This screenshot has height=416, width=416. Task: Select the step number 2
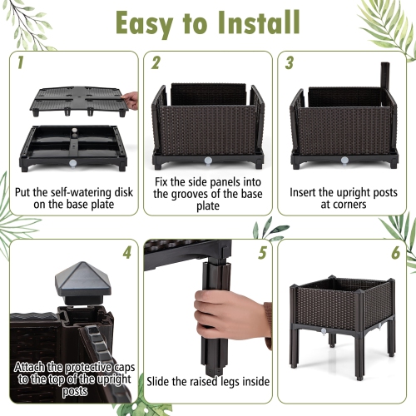pyautogui.click(x=155, y=62)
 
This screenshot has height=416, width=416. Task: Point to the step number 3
pyautogui.click(x=289, y=62)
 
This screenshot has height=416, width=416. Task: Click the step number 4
pyautogui.click(x=126, y=251)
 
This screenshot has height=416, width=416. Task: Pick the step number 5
pyautogui.click(x=263, y=251)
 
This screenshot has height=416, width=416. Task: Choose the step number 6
pyautogui.click(x=394, y=251)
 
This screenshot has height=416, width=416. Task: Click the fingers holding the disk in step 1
pyautogui.click(x=130, y=101)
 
